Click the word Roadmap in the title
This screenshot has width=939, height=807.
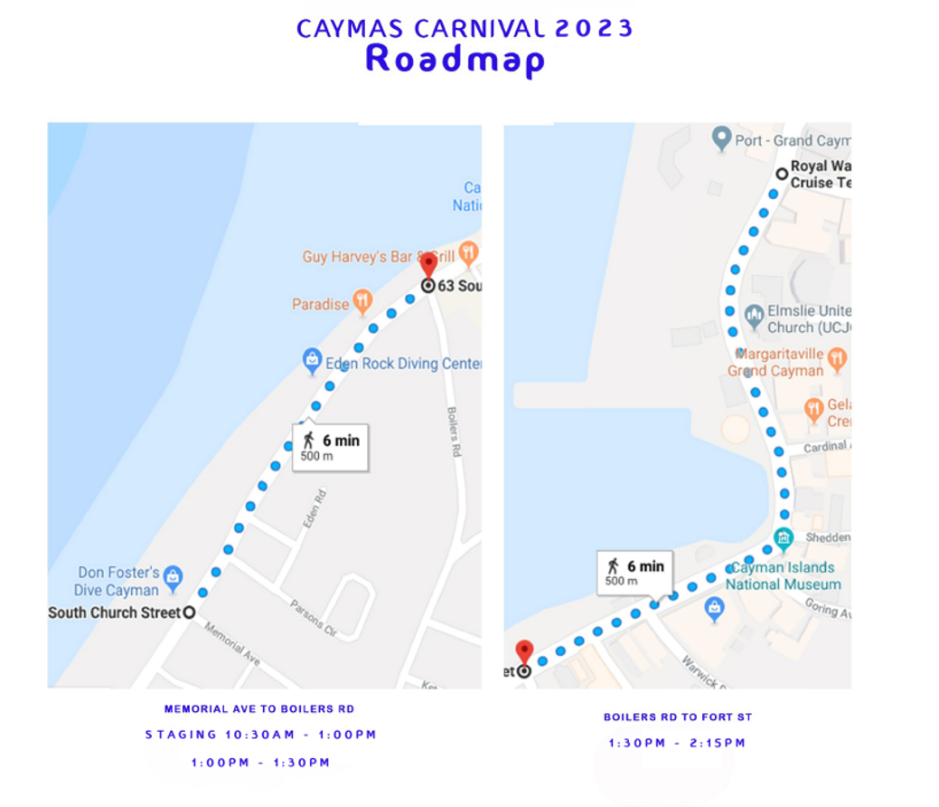click(x=455, y=60)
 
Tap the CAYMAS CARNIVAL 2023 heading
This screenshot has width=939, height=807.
click(x=465, y=28)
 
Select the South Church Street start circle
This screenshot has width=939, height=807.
click(x=189, y=612)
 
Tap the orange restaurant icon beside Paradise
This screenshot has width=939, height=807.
click(x=362, y=301)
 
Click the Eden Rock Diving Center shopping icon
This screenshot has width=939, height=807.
click(x=312, y=362)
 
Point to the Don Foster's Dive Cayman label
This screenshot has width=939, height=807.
click(x=118, y=581)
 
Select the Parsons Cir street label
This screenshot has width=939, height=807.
click(x=312, y=616)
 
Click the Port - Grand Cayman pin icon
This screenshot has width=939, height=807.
click(x=721, y=138)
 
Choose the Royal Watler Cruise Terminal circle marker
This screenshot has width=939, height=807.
click(x=782, y=174)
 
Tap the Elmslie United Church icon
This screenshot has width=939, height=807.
click(x=754, y=317)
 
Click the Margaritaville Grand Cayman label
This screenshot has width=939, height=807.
click(x=776, y=362)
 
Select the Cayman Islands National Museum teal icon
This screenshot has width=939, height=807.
click(x=783, y=537)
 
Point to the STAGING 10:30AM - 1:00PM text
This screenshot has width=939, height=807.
click(x=261, y=735)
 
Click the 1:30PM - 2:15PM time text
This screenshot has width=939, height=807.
click(x=677, y=744)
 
